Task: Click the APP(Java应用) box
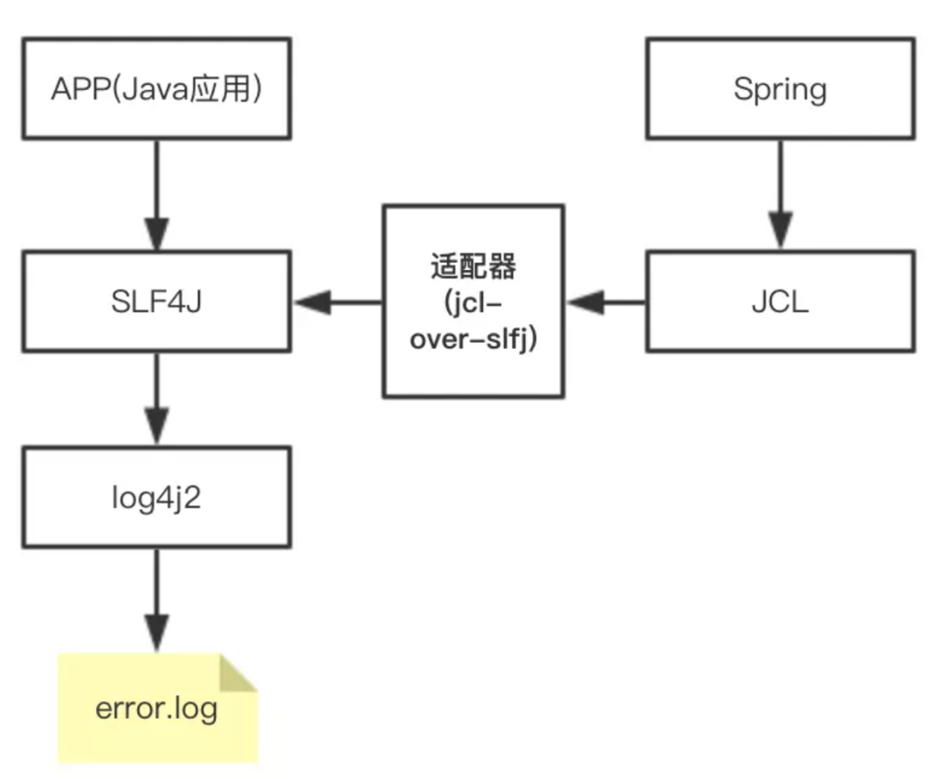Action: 156,88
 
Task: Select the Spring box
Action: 780,88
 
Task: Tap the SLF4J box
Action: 156,302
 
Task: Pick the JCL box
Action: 780,302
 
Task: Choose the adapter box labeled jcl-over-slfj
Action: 472,301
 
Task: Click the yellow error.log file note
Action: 157,707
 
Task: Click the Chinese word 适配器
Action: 472,265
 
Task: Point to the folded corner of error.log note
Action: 237,673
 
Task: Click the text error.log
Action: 156,707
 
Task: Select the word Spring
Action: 780,88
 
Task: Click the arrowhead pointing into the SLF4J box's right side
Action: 311,302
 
